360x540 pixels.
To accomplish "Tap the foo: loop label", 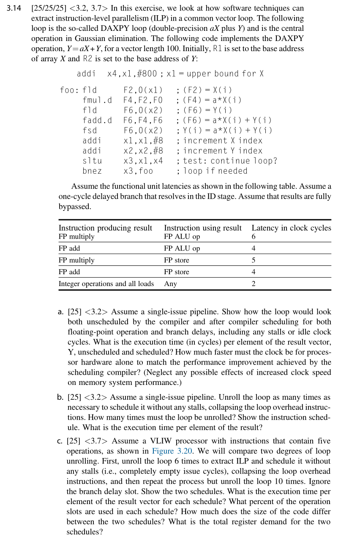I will (69, 90).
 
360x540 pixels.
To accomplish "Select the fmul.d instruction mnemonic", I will (97, 100).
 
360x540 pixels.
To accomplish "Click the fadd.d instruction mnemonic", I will (97, 120).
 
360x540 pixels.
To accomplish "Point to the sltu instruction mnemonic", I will (92, 161).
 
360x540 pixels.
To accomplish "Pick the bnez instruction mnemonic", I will (92, 171).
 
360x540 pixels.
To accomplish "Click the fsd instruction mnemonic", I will (90, 131).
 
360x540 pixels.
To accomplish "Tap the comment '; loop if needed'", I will (212, 171).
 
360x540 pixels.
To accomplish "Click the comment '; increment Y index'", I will (220, 151).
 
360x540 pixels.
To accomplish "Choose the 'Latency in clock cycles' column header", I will (291, 228).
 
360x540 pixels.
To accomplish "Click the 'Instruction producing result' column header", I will (105, 228).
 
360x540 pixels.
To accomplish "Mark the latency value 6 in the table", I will (254, 237).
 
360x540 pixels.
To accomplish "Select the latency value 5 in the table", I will (254, 260).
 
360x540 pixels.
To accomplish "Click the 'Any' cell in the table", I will (170, 284).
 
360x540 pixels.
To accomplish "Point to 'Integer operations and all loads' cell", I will (106, 284).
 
